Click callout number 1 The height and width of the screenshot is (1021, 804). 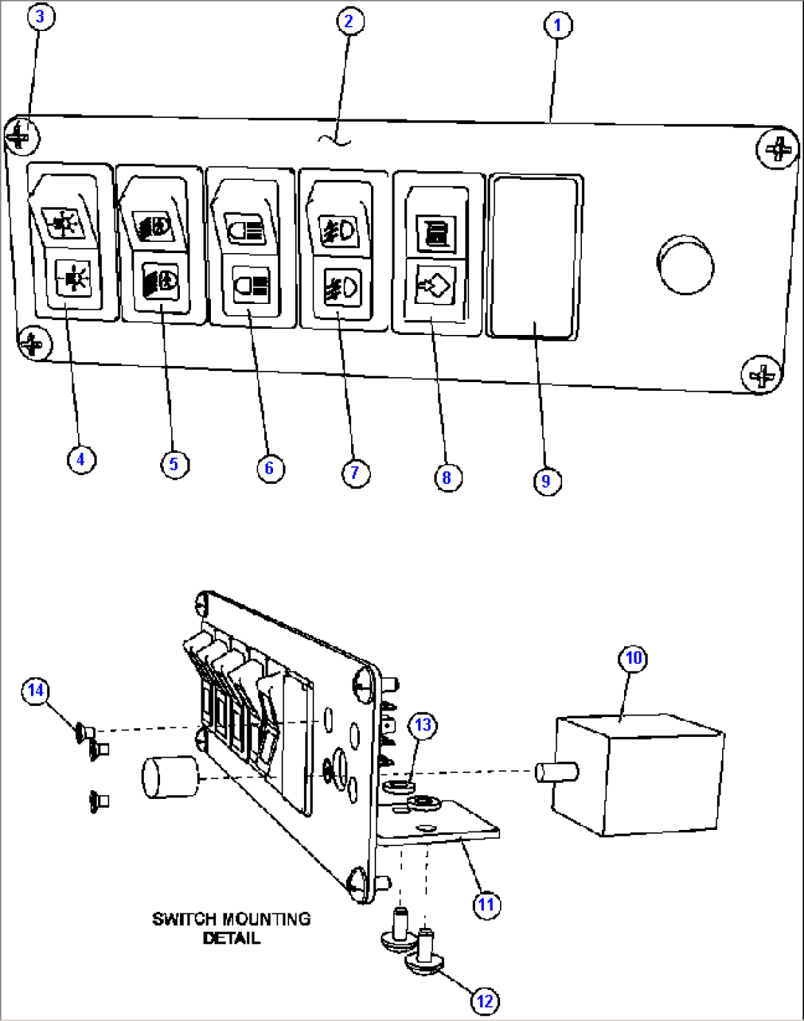tap(557, 25)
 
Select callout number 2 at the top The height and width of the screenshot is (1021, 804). tap(349, 21)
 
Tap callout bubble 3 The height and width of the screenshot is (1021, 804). tap(41, 17)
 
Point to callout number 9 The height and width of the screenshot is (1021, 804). tap(546, 481)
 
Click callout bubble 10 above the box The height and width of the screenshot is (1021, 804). tap(634, 658)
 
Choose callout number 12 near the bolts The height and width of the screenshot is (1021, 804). tap(485, 1001)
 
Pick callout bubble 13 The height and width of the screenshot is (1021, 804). tap(423, 725)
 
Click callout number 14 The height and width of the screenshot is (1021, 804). tap(36, 691)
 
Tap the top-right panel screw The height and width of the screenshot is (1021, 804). tap(777, 150)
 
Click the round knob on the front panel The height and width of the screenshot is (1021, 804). tap(685, 264)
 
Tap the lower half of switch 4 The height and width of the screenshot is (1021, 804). tap(73, 281)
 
